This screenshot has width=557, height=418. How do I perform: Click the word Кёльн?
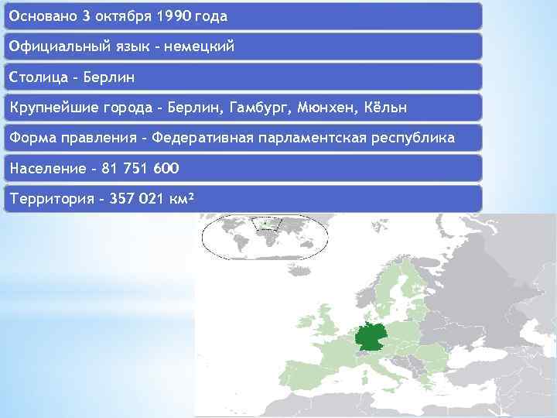(x=384, y=107)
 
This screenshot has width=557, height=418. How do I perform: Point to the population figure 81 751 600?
(x=135, y=168)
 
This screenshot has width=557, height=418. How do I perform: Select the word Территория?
(x=51, y=199)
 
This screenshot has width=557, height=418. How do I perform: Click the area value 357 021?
(x=136, y=199)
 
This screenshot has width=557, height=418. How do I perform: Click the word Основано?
(x=43, y=15)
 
